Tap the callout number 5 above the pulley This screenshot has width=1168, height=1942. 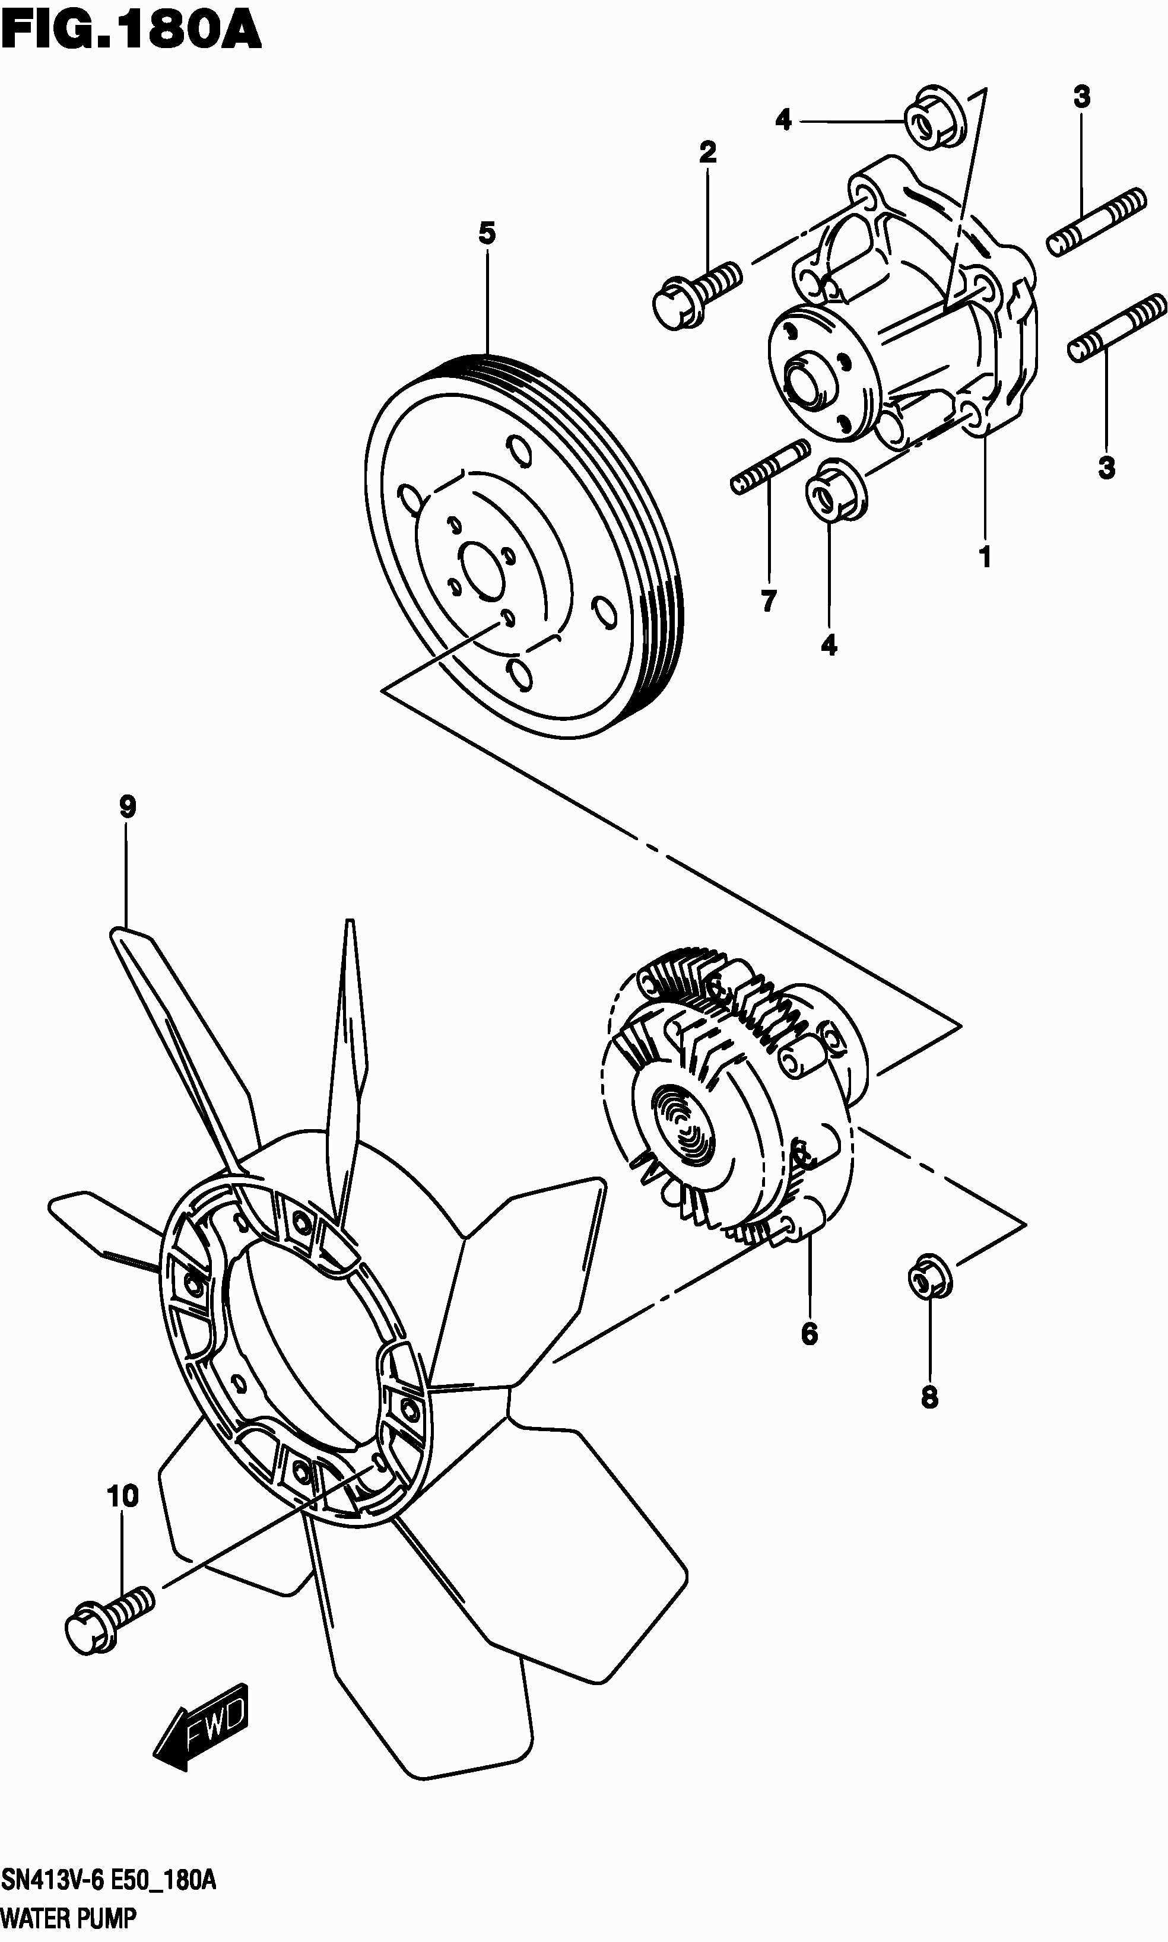pyautogui.click(x=487, y=234)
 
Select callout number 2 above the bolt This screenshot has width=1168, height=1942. pyautogui.click(x=707, y=152)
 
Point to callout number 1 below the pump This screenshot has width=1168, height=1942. pyautogui.click(x=985, y=557)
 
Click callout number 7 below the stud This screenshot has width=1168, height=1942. pyautogui.click(x=769, y=601)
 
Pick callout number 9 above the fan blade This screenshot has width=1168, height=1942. pyautogui.click(x=128, y=806)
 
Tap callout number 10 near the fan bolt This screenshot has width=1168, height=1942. pyautogui.click(x=123, y=1496)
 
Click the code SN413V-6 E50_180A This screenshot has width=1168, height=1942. pyautogui.click(x=109, y=1881)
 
